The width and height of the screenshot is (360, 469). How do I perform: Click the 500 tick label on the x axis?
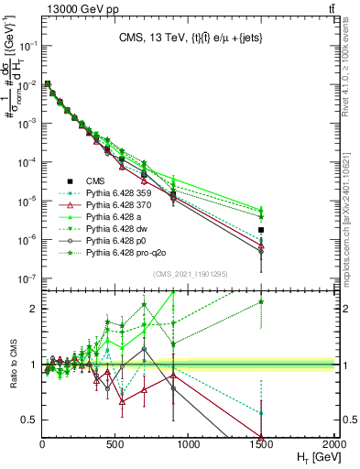[115, 444]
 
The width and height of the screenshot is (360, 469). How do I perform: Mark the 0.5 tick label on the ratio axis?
[27, 420]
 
